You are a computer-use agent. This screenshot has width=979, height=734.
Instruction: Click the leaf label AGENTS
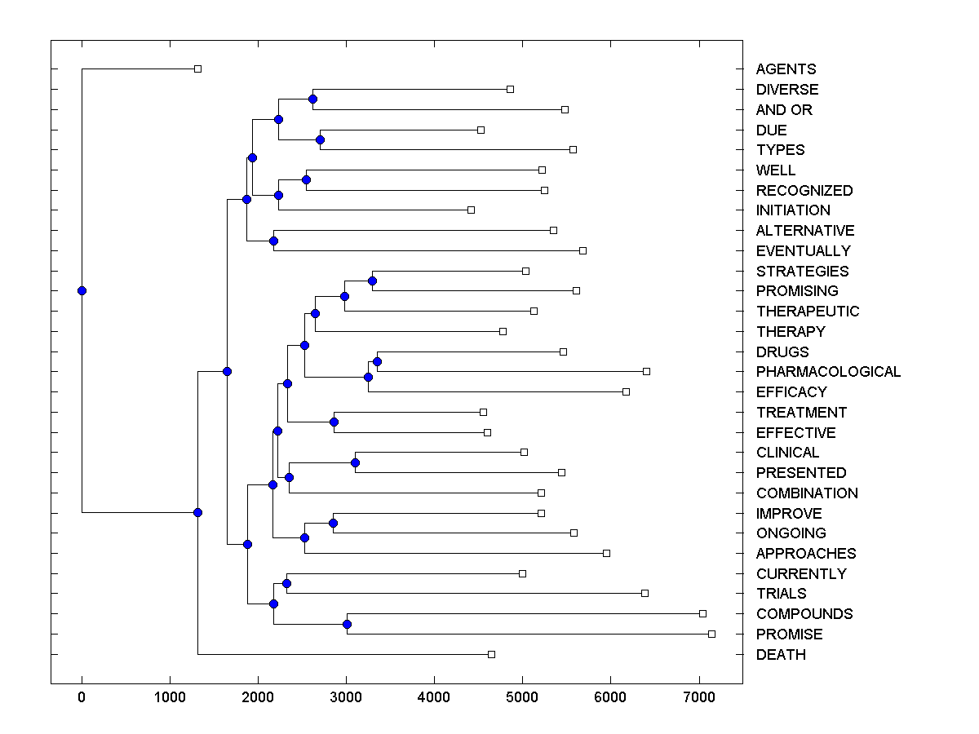coord(786,69)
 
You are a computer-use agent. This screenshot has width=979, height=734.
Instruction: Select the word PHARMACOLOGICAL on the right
coord(828,372)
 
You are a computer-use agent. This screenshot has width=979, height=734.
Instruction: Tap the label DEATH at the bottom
coord(781,655)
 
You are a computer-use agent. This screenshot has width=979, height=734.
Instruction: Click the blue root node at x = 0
coord(82,290)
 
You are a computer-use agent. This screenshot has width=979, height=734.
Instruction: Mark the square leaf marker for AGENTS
coord(197,69)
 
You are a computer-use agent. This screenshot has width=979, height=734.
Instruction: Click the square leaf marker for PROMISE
coord(711,634)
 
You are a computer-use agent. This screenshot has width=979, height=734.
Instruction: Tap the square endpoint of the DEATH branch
coord(491,654)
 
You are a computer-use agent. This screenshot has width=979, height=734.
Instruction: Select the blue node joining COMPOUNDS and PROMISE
coord(347,624)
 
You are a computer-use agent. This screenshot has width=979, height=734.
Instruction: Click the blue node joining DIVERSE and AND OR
coord(312,99)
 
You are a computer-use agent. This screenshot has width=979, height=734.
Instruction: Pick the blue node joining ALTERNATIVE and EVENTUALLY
coord(273,241)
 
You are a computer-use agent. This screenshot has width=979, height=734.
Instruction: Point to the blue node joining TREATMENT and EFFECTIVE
coord(334,422)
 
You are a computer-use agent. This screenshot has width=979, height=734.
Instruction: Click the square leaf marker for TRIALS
coord(645,593)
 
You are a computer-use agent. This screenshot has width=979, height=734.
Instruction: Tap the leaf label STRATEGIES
coord(802,272)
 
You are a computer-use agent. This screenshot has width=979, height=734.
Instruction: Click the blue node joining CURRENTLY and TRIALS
coord(286,583)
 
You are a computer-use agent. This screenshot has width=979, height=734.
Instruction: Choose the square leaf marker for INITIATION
coord(471,210)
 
